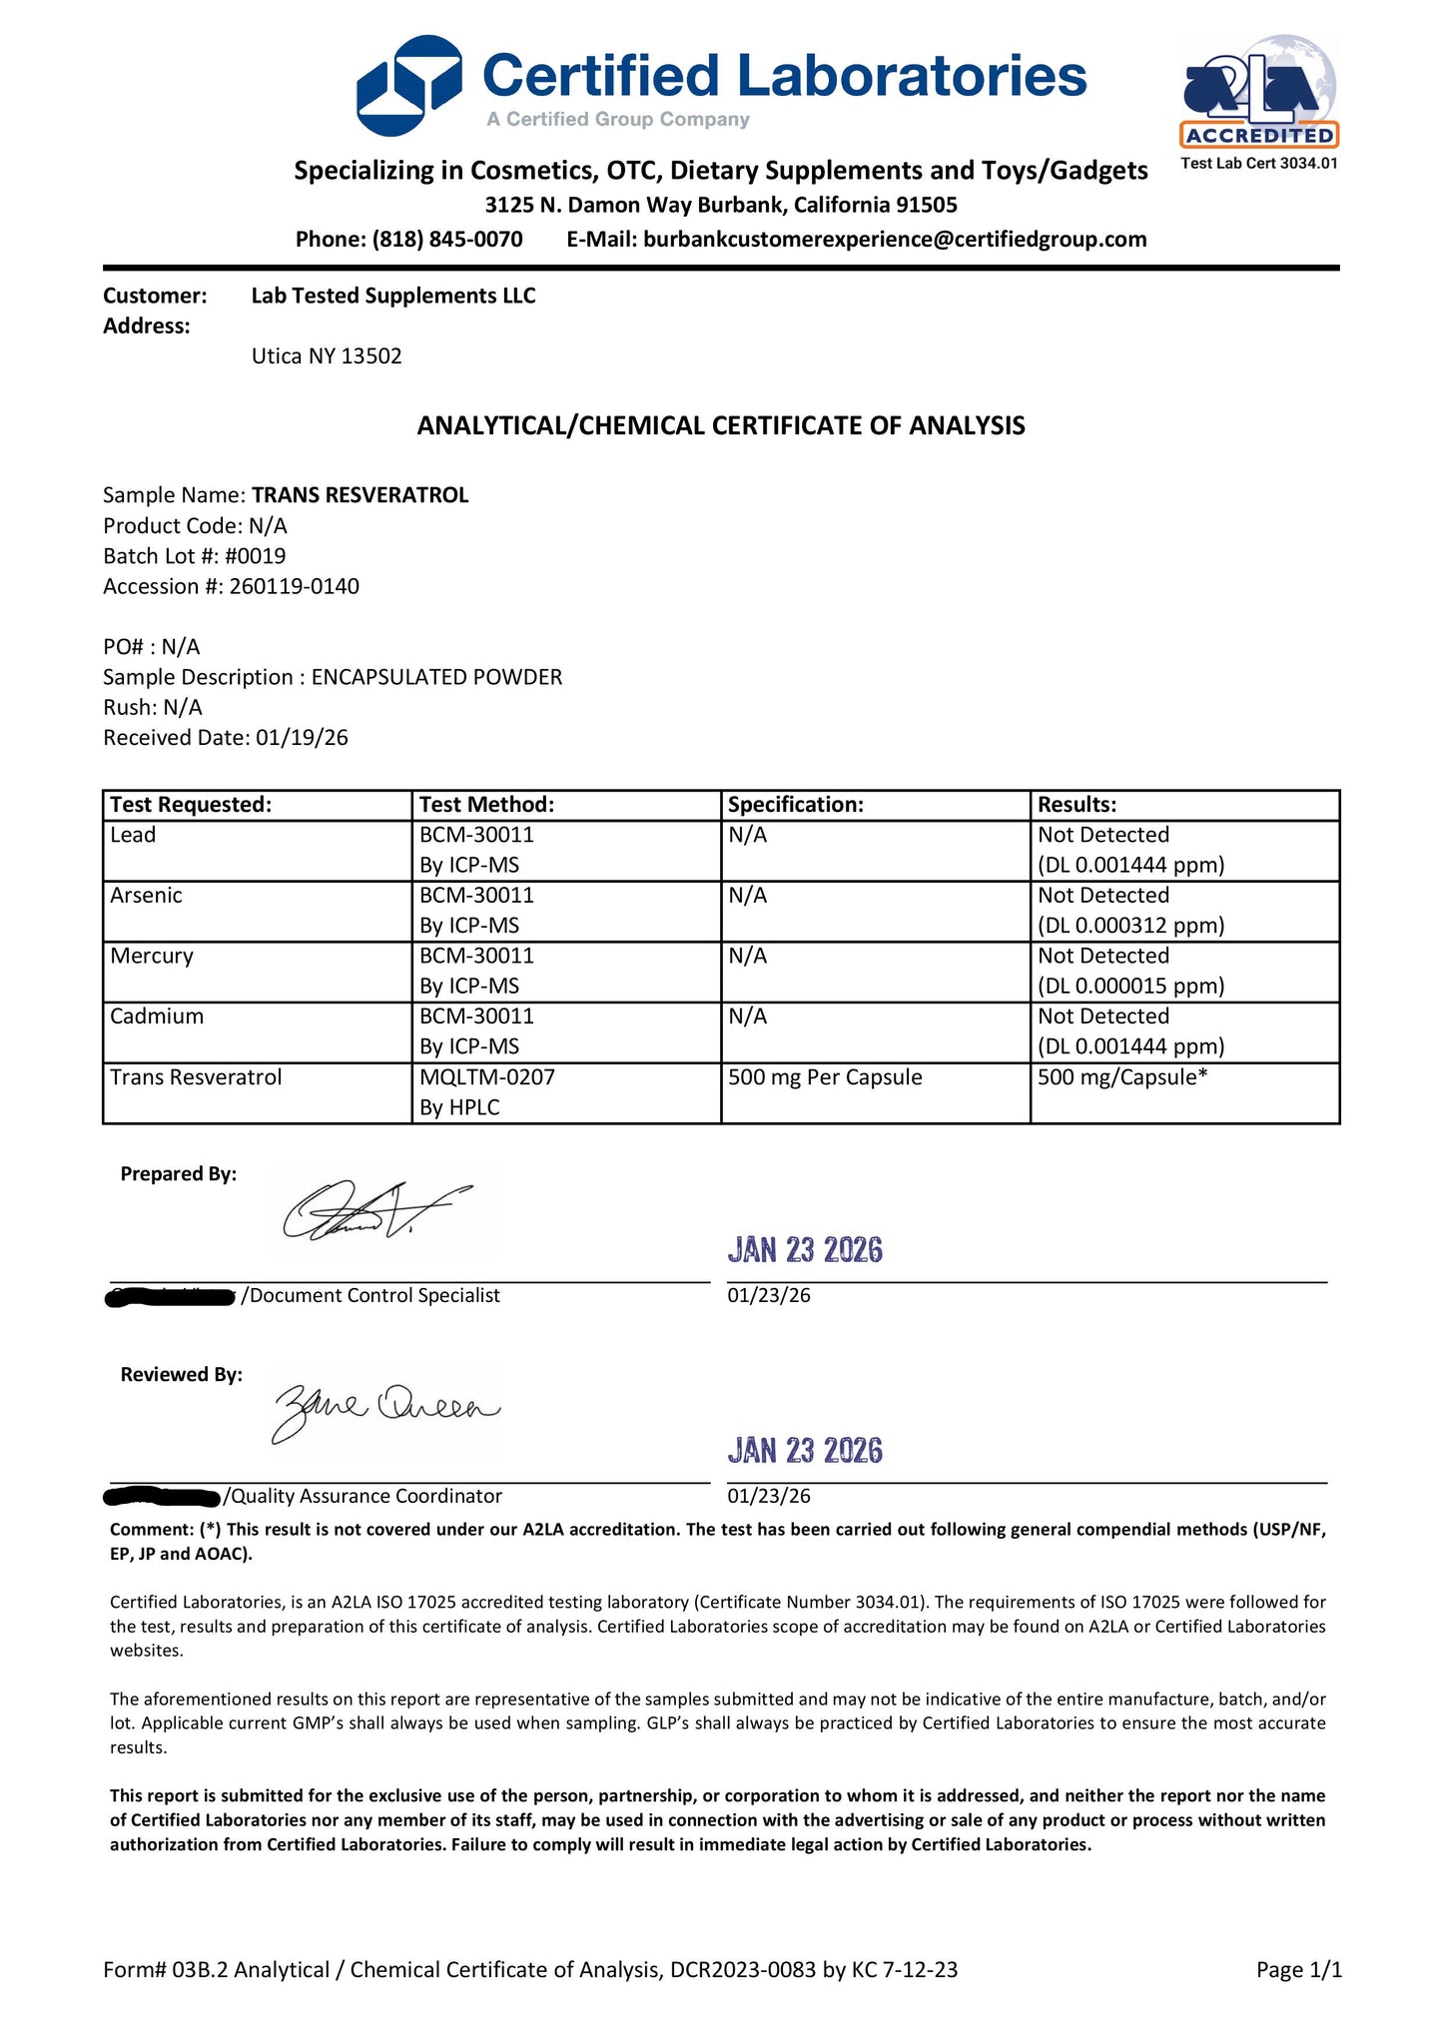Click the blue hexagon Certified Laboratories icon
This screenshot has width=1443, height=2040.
[x=408, y=86]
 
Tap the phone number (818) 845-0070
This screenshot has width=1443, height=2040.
[x=446, y=240]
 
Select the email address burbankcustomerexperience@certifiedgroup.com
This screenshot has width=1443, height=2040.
[x=894, y=240]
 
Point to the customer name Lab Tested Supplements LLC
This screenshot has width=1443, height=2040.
[x=392, y=296]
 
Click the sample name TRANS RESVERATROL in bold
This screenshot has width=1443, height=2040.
[x=360, y=495]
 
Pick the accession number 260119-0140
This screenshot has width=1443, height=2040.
[x=294, y=586]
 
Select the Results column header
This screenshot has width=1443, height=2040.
[x=1077, y=805]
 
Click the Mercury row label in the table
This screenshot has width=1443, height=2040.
[x=152, y=956]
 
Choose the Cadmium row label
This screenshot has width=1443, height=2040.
[x=157, y=1017]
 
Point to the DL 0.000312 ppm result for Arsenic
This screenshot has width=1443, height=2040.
[x=1130, y=926]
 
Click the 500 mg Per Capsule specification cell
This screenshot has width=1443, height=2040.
[x=825, y=1077]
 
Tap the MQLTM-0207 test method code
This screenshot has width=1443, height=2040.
[x=486, y=1077]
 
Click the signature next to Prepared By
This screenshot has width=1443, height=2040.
[x=374, y=1211]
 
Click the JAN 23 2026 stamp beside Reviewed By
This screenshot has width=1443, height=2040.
[x=805, y=1451]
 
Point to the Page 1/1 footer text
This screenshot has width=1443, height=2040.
[x=1298, y=1970]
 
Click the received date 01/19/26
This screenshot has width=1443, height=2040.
[x=302, y=738]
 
